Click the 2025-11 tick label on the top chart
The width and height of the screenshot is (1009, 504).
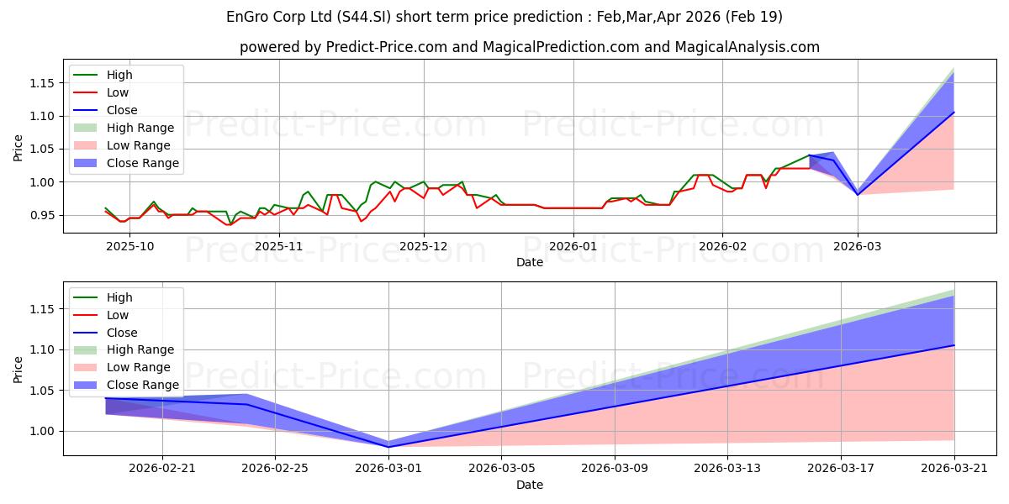pos(279,247)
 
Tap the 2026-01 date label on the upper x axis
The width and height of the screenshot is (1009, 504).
pos(573,247)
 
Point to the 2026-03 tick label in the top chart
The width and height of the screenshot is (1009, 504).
pos(857,247)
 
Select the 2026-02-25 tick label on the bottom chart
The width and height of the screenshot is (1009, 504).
pos(275,469)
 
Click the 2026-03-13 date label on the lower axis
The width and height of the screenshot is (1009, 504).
pos(727,469)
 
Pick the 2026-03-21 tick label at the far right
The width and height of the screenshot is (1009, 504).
pos(954,469)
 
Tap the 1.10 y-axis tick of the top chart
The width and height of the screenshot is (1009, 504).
pos(42,116)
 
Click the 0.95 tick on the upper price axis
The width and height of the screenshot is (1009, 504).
pos(42,216)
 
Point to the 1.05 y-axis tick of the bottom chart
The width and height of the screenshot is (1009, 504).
pos(42,391)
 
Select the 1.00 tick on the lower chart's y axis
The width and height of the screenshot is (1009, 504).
pos(42,432)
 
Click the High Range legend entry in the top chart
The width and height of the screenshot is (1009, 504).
pos(124,128)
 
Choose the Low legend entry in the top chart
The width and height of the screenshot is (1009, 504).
pos(101,92)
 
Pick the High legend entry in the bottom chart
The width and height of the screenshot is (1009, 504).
pos(103,297)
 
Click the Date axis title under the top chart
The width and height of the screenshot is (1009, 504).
pos(529,262)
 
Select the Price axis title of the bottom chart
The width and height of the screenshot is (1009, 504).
pos(18,370)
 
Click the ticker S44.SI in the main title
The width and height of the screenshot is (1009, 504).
pos(363,17)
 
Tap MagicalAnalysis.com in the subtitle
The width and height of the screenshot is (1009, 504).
pos(747,47)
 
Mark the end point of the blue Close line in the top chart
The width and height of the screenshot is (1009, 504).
pos(954,113)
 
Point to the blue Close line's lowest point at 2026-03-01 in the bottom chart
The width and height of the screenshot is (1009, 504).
pos(388,447)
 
